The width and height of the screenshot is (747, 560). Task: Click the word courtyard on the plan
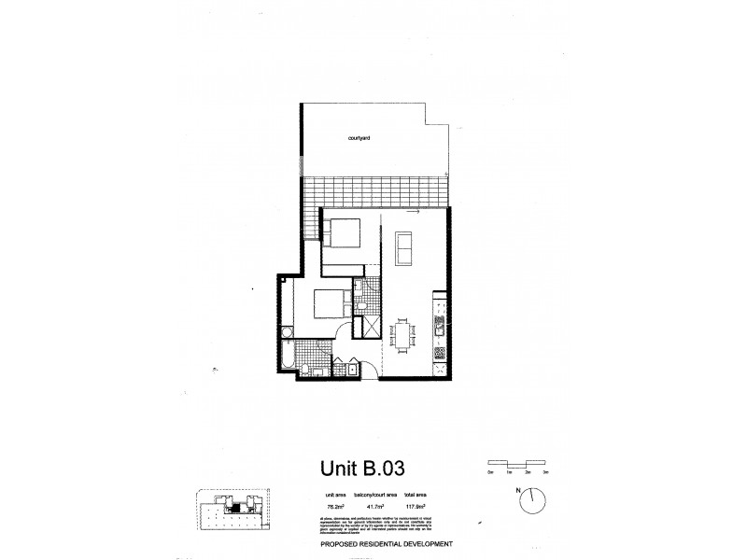click(x=360, y=137)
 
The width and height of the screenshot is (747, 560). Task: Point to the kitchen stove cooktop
click(x=440, y=354)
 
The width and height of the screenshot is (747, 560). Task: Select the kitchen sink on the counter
click(x=439, y=324)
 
